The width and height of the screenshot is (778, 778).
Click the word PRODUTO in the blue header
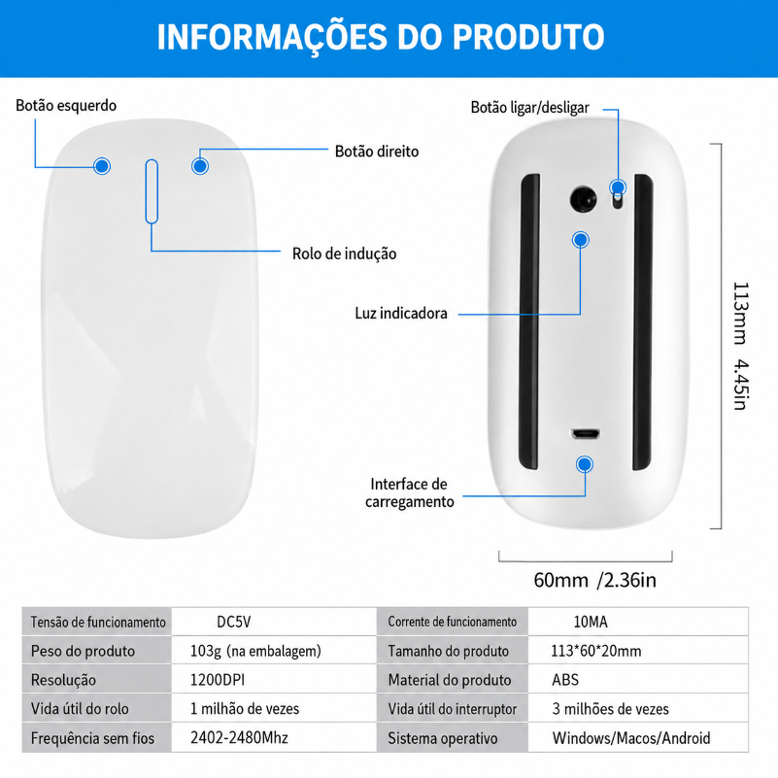pos(528,37)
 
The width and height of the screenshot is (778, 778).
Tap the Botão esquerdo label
pos(66,106)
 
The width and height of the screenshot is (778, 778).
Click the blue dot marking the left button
pos(102,166)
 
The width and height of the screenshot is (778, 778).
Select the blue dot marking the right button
pos(200,166)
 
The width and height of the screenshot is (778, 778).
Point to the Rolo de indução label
pos(345,254)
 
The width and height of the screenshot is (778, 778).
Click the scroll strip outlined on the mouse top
pos(152,191)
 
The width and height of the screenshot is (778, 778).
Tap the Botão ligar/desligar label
pos(530,107)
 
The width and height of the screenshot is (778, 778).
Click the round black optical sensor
pos(583,199)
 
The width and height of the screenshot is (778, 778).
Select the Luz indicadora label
pos(401,313)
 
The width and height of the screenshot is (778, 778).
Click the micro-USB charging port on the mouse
pos(586,434)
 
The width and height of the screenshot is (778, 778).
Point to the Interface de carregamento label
pos(410,492)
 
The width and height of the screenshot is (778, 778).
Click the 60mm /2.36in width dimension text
pos(594,580)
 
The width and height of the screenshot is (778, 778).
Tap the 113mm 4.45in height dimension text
pos(741,347)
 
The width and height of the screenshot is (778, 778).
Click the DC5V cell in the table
pos(234,622)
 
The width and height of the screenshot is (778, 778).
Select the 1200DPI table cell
pos(218,680)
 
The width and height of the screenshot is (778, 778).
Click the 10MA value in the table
pos(591,622)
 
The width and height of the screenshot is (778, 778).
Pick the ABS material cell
pos(565,680)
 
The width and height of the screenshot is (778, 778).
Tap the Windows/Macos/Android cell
pos(631,738)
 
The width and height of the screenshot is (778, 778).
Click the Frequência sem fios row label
pos(92,738)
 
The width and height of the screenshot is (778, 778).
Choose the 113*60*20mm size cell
pos(596,651)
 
